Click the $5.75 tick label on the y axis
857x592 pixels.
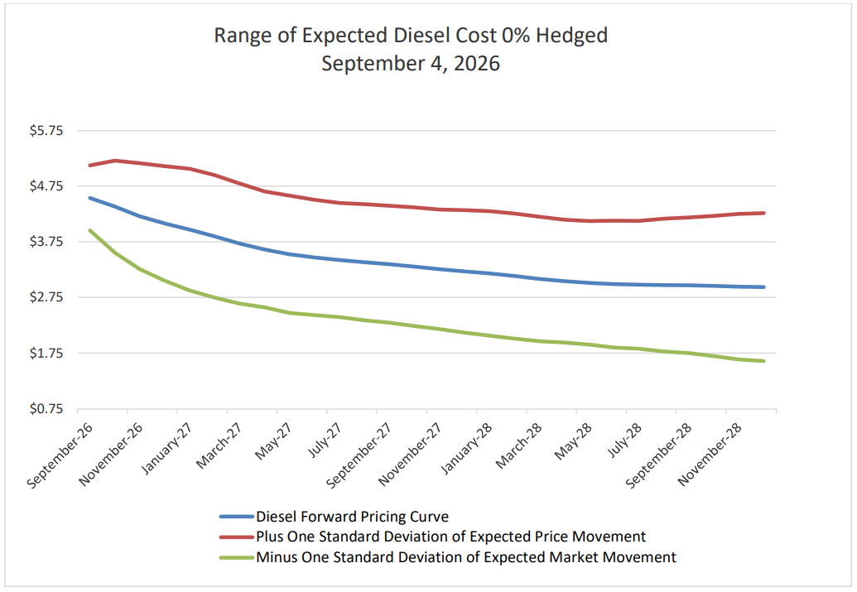(x=46, y=131)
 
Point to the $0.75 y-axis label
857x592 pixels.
(x=46, y=409)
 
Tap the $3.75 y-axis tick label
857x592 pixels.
(x=46, y=242)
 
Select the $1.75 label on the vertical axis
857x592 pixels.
(x=46, y=353)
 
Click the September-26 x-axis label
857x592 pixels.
(x=60, y=455)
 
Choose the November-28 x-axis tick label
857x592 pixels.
(x=710, y=455)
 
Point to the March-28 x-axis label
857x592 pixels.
(x=518, y=445)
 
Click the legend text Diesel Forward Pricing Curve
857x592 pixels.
(x=352, y=517)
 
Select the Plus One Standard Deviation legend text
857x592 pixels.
(x=451, y=537)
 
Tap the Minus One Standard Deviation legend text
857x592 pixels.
(x=466, y=557)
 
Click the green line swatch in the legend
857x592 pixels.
(x=237, y=557)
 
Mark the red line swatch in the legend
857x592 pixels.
(x=237, y=537)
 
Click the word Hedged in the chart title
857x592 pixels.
(x=571, y=36)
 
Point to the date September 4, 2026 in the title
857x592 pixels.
(x=411, y=64)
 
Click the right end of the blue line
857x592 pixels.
(x=763, y=287)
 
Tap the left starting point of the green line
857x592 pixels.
(x=90, y=231)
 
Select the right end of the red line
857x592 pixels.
(x=763, y=213)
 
